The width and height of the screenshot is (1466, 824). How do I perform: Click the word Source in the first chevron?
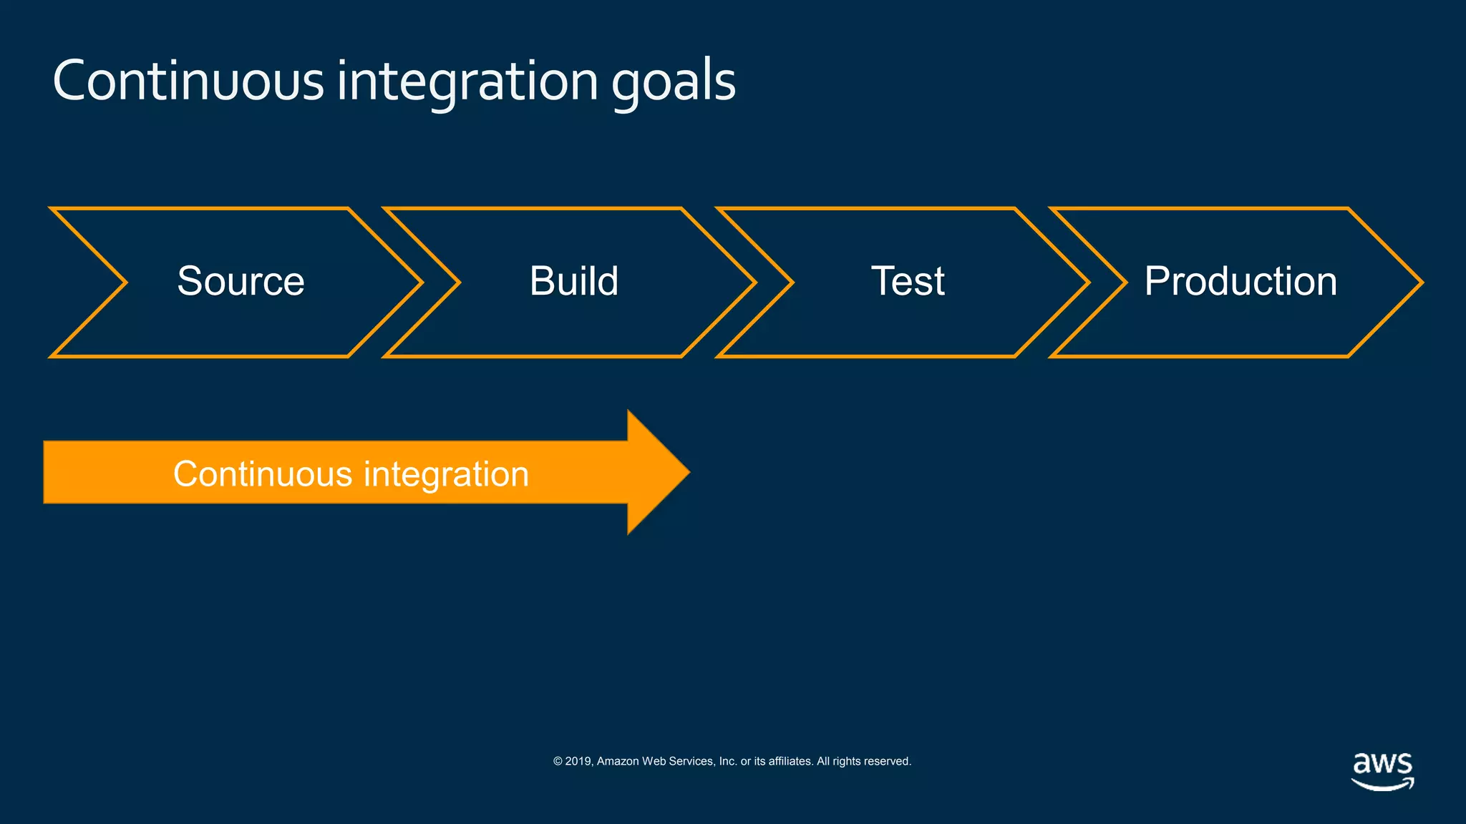241,281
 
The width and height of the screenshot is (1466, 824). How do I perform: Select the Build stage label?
573,281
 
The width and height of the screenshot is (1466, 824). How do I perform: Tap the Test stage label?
907,281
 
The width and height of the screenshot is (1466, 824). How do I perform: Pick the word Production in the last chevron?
1240,281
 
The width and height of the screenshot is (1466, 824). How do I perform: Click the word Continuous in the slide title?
188,81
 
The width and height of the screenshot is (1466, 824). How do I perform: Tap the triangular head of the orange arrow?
655,472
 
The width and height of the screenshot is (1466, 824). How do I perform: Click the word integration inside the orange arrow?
446,475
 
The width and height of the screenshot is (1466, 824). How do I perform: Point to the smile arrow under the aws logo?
1382,785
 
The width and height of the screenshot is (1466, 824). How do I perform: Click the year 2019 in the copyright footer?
578,761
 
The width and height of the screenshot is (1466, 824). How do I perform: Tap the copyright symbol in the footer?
558,761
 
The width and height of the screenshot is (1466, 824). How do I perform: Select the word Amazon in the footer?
618,761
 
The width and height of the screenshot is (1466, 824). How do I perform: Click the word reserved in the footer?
888,761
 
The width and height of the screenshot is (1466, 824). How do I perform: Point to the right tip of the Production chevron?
1419,283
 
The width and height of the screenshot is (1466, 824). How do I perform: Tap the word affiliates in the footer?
790,761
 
